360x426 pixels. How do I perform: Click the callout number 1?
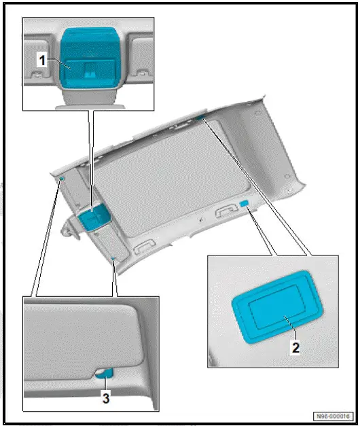(x=41, y=60)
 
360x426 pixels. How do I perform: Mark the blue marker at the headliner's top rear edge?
(x=201, y=118)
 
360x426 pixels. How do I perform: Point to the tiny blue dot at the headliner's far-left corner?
(x=62, y=177)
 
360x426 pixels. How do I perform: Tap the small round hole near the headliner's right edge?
(x=290, y=184)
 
